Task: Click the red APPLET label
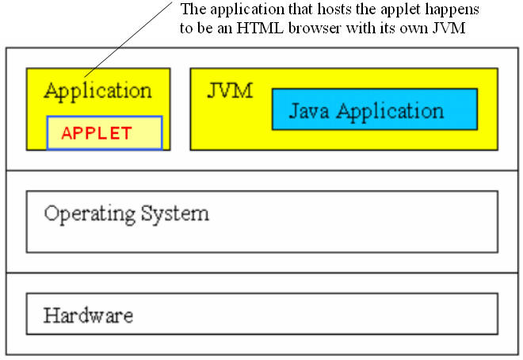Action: tap(97, 133)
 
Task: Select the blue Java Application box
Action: tap(375, 109)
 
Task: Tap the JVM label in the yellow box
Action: tap(230, 90)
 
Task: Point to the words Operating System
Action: tap(127, 214)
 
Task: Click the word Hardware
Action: tap(89, 316)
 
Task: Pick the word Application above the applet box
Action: tap(98, 92)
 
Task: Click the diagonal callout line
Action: tap(128, 40)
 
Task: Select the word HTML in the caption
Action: tap(260, 28)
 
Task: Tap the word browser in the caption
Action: tap(315, 28)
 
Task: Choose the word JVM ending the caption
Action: tap(449, 28)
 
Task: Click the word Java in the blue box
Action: tap(309, 112)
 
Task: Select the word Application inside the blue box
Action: tap(390, 112)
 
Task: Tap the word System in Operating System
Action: tap(175, 214)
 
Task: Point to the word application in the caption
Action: tap(247, 10)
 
